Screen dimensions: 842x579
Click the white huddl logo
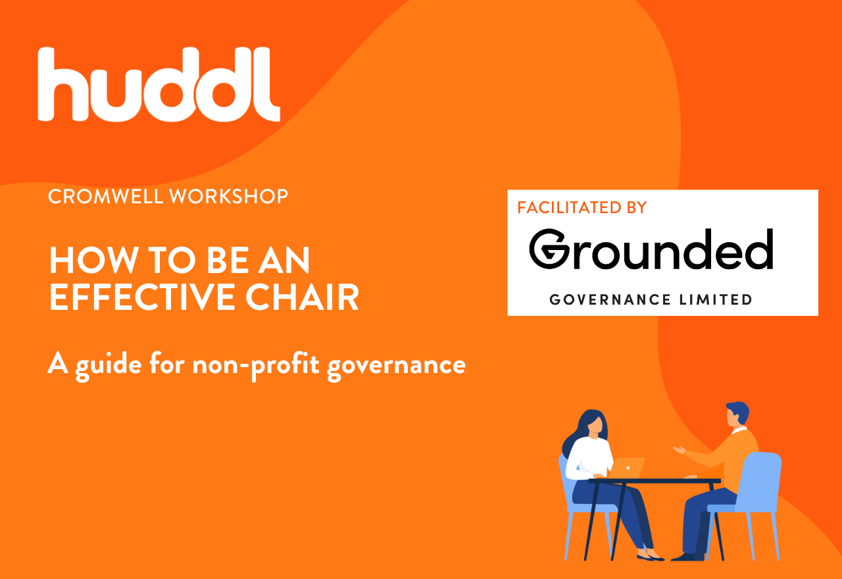click(159, 84)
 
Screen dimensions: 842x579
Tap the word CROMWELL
click(106, 197)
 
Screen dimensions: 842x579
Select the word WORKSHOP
click(228, 197)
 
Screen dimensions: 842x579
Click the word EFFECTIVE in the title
click(143, 297)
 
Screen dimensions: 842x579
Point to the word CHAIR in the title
click(302, 297)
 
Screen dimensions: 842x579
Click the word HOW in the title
click(93, 260)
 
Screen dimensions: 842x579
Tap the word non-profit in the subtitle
click(256, 366)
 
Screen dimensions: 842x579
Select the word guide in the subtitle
click(109, 365)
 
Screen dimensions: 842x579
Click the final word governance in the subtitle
click(396, 367)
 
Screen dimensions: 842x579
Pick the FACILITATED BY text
click(582, 208)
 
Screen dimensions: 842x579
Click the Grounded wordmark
click(651, 249)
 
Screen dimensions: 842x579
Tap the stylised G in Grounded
click(549, 249)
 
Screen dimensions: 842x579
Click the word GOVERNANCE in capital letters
click(610, 299)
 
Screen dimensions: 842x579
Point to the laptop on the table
click(627, 468)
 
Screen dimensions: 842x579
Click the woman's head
click(593, 426)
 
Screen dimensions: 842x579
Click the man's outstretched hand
click(679, 449)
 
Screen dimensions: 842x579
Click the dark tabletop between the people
click(655, 481)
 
